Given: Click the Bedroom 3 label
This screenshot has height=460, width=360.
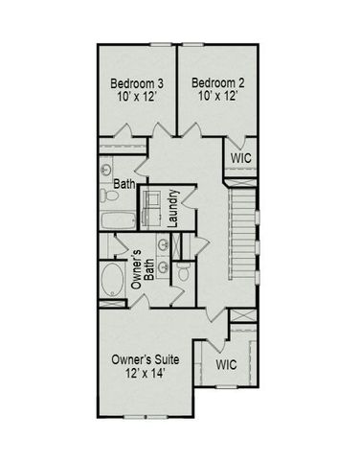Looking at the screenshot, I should (134, 81).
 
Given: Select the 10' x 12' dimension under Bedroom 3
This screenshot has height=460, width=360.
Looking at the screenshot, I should (134, 96).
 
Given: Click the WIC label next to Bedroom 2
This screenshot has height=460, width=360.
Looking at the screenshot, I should (240, 155).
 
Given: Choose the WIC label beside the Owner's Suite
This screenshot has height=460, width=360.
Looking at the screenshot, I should (227, 365).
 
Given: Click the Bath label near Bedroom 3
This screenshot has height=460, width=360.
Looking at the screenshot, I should (124, 183).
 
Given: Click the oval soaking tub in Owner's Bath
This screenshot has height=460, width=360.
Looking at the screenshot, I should (112, 283).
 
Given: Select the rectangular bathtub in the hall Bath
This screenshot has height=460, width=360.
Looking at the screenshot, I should (113, 221).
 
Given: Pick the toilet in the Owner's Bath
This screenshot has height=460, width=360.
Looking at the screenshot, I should (182, 273).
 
